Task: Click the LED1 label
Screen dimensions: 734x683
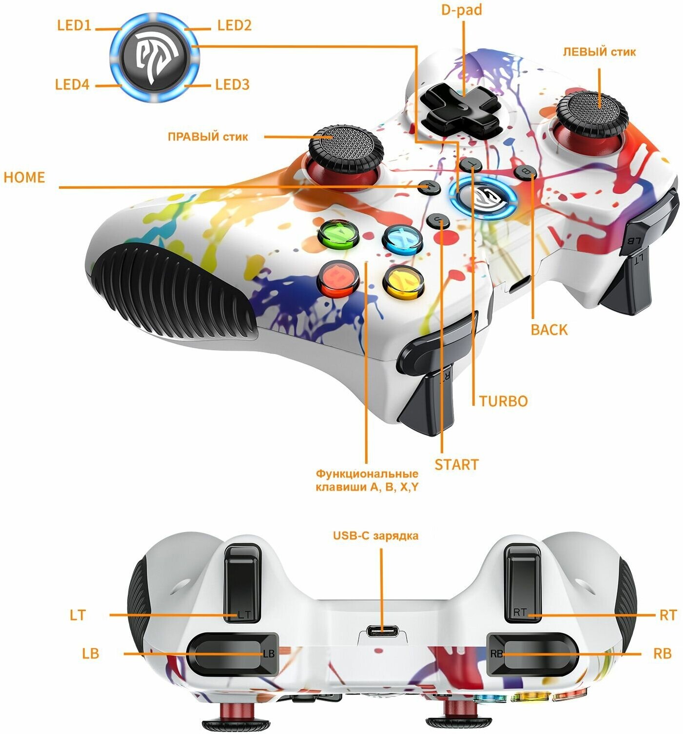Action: [x=74, y=25]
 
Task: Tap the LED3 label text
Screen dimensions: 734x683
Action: [x=232, y=84]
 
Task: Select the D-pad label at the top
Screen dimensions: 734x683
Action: [x=461, y=10]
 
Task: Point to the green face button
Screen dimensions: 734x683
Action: [x=339, y=236]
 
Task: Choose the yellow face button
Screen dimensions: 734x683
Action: [x=403, y=281]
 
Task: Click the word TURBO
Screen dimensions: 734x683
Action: [x=503, y=401]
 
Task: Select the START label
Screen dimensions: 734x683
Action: [x=456, y=464]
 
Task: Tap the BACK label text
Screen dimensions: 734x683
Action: [x=549, y=330]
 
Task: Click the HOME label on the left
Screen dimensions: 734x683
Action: [x=24, y=177]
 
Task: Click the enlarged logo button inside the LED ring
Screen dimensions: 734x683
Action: [x=154, y=57]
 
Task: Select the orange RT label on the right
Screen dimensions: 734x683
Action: [x=668, y=615]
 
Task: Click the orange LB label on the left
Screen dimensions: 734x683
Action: [x=91, y=653]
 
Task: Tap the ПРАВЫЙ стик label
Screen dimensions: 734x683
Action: [x=208, y=137]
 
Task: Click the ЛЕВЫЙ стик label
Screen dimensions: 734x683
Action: [x=599, y=52]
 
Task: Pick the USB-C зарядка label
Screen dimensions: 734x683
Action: [x=375, y=536]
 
